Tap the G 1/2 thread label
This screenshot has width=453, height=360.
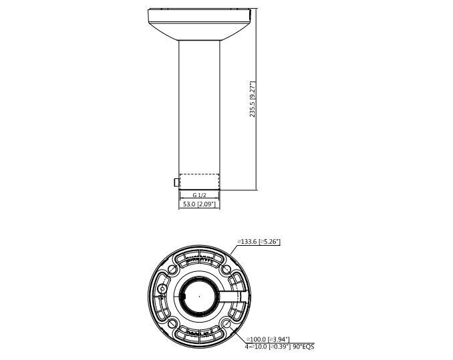pos(199,194)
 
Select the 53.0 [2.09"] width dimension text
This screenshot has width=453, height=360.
pos(199,204)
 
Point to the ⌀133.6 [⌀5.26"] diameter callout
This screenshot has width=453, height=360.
pos(259,242)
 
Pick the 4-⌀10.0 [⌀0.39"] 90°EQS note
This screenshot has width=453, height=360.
pos(279,346)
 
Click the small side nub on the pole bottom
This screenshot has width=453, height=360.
pos(176,182)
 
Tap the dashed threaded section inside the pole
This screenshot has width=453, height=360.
pos(199,182)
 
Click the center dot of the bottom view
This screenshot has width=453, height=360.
pos(198,296)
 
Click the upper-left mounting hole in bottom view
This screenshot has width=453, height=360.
pos(172,268)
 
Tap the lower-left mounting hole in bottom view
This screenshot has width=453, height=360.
pos(172,322)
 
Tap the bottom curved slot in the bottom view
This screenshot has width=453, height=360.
pos(198,333)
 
